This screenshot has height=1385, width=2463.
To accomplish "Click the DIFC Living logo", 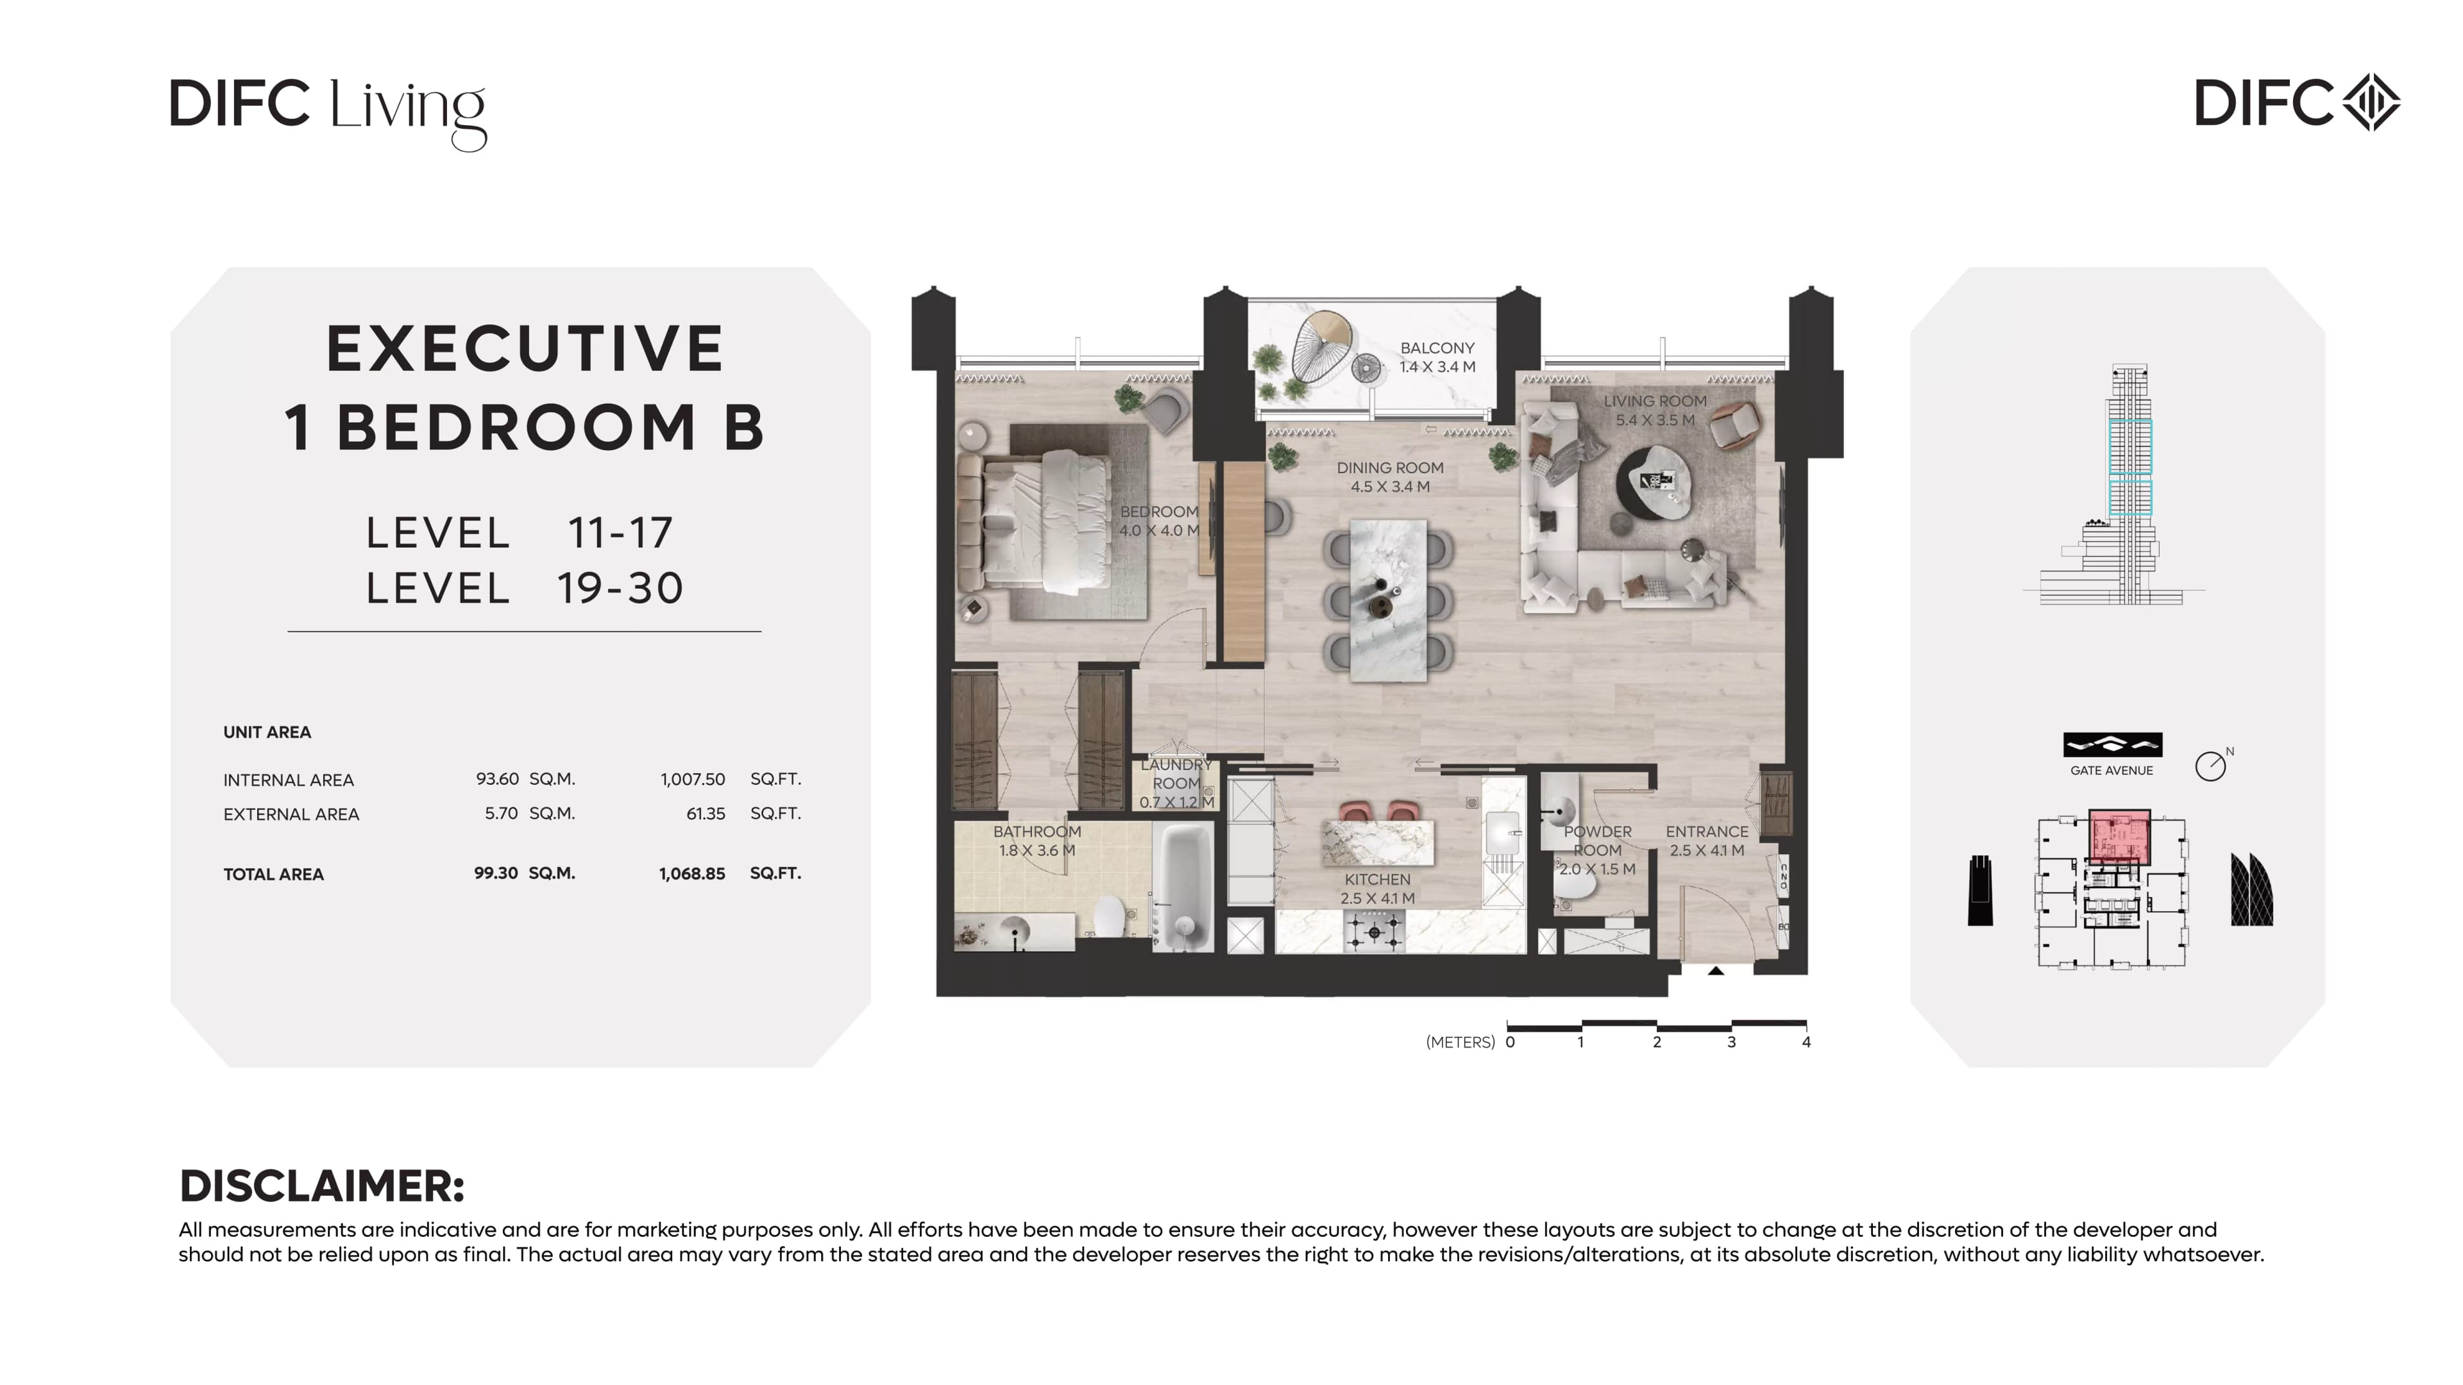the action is (x=328, y=113).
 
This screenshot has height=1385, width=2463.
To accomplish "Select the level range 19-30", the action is (x=620, y=588).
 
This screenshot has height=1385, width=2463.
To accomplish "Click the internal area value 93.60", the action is (x=497, y=779).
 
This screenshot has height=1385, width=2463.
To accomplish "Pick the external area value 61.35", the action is (x=706, y=814).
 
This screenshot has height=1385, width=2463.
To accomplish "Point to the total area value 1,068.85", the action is (x=692, y=873).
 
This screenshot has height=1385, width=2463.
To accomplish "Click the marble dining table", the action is (x=1387, y=600).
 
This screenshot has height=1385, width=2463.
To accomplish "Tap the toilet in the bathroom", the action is (x=1109, y=916).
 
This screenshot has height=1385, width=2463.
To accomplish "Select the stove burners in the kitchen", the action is (x=1374, y=931).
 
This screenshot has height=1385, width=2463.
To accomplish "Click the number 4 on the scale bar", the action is (x=1806, y=1042).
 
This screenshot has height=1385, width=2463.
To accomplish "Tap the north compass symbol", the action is (x=2212, y=765).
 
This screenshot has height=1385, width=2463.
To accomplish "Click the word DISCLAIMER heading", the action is (x=322, y=1186).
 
